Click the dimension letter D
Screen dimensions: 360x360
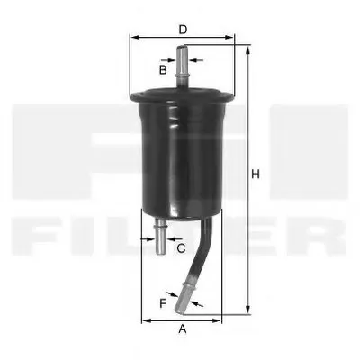tap(183, 29)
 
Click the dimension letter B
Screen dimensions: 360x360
tap(163, 68)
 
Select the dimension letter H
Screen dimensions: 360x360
tap(256, 174)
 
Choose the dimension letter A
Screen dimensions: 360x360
tap(183, 328)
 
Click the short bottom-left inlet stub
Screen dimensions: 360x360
tap(159, 237)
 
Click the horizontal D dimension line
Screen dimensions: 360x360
tap(207, 39)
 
